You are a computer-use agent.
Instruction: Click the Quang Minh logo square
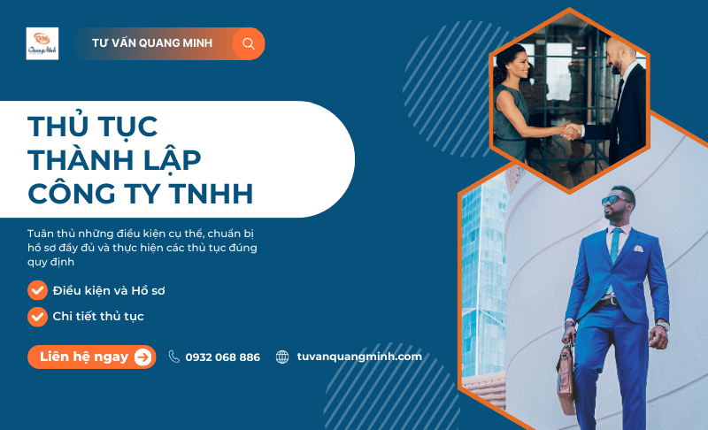coord(42,43)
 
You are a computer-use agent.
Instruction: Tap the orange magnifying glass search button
coord(248,43)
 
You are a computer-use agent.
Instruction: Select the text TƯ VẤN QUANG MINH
coord(152,43)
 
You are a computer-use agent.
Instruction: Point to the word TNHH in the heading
coord(216,192)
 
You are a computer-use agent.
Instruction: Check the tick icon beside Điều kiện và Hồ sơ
coord(37,290)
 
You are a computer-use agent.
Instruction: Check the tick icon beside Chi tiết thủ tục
coord(37,316)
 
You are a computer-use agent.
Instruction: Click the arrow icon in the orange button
coord(142,357)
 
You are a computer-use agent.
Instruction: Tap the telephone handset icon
coord(174,357)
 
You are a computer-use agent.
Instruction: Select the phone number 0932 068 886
coord(223,357)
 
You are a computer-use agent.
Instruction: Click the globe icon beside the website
coord(282,357)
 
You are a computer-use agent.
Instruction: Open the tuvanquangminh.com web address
coord(359,357)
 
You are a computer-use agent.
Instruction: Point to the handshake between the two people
coord(572,132)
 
